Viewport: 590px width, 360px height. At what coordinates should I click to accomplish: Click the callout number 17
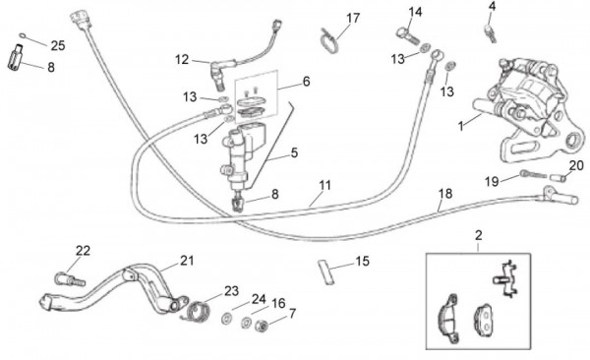point(353,18)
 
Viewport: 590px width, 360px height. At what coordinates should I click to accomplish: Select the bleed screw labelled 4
point(490,32)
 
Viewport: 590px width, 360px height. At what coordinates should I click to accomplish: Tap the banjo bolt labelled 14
point(407,35)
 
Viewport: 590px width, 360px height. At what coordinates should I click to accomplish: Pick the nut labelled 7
point(261,326)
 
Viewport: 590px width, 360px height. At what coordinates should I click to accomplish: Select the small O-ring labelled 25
point(23,36)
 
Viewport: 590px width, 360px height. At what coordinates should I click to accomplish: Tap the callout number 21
point(186,261)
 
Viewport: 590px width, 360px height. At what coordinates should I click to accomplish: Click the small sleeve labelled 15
point(325,271)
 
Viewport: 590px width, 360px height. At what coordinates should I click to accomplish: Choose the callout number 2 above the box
point(478,236)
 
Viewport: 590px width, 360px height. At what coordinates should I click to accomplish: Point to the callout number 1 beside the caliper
point(460,126)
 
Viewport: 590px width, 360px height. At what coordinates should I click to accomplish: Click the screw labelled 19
point(533,174)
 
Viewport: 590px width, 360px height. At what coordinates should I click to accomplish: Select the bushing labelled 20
point(558,177)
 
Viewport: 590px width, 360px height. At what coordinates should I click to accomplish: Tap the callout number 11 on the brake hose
point(324,185)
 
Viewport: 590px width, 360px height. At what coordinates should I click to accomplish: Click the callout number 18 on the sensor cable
point(445,194)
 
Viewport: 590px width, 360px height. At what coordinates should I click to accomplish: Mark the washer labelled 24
point(227,319)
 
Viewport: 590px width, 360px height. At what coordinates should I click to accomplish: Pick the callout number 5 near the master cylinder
point(294,152)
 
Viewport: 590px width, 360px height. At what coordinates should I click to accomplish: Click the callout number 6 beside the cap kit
point(306,82)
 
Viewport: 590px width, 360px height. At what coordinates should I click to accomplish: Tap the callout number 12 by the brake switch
point(182,59)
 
